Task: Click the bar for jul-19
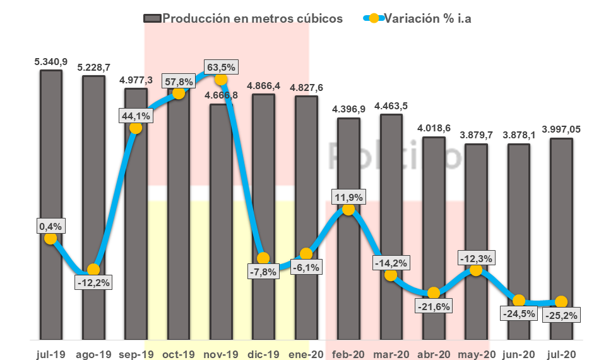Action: [x=50, y=158]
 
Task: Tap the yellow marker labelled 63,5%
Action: [x=221, y=79]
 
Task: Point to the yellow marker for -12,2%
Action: [x=93, y=270]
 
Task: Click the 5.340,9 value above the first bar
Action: [x=50, y=61]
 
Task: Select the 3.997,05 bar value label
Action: [x=561, y=129]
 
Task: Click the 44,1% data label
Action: [x=135, y=116]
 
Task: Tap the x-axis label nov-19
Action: [x=221, y=354]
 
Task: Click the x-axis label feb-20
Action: [x=348, y=354]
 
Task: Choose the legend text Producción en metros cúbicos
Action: [x=252, y=18]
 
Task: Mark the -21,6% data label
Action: [x=433, y=306]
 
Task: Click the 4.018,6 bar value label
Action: [x=434, y=128]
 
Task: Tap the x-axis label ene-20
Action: [x=306, y=354]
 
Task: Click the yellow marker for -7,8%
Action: [x=264, y=258]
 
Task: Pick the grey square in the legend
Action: [x=152, y=18]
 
